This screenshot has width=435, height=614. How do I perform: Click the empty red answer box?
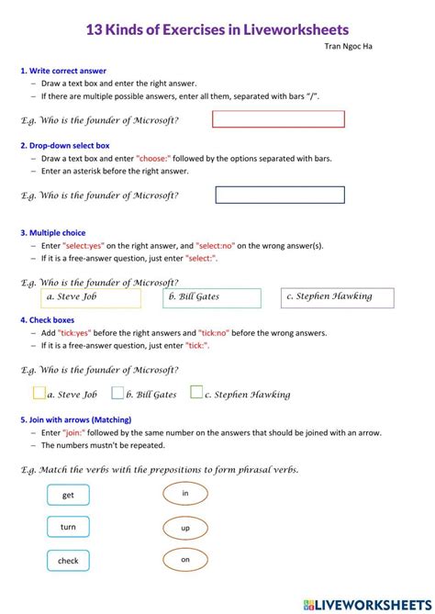[278, 119]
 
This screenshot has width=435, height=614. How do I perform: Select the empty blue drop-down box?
[280, 195]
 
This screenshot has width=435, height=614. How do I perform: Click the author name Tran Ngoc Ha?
[349, 46]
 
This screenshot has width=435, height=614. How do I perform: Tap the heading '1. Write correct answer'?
[62, 71]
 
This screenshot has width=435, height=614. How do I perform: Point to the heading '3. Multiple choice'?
[52, 233]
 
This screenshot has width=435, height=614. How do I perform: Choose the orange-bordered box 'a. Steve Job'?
[92, 297]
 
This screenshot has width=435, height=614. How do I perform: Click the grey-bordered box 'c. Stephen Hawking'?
[337, 297]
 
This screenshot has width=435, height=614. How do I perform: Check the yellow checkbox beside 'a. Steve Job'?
[39, 393]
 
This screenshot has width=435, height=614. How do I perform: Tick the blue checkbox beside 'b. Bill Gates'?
[117, 393]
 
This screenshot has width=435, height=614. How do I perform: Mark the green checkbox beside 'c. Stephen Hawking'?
[196, 393]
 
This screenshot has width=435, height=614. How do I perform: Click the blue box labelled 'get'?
[68, 495]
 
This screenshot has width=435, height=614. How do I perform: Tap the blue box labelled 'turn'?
[68, 527]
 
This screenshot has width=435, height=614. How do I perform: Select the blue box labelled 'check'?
[68, 560]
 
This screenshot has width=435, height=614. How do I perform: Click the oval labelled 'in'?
[185, 494]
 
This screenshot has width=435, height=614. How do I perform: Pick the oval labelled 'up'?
[185, 528]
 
